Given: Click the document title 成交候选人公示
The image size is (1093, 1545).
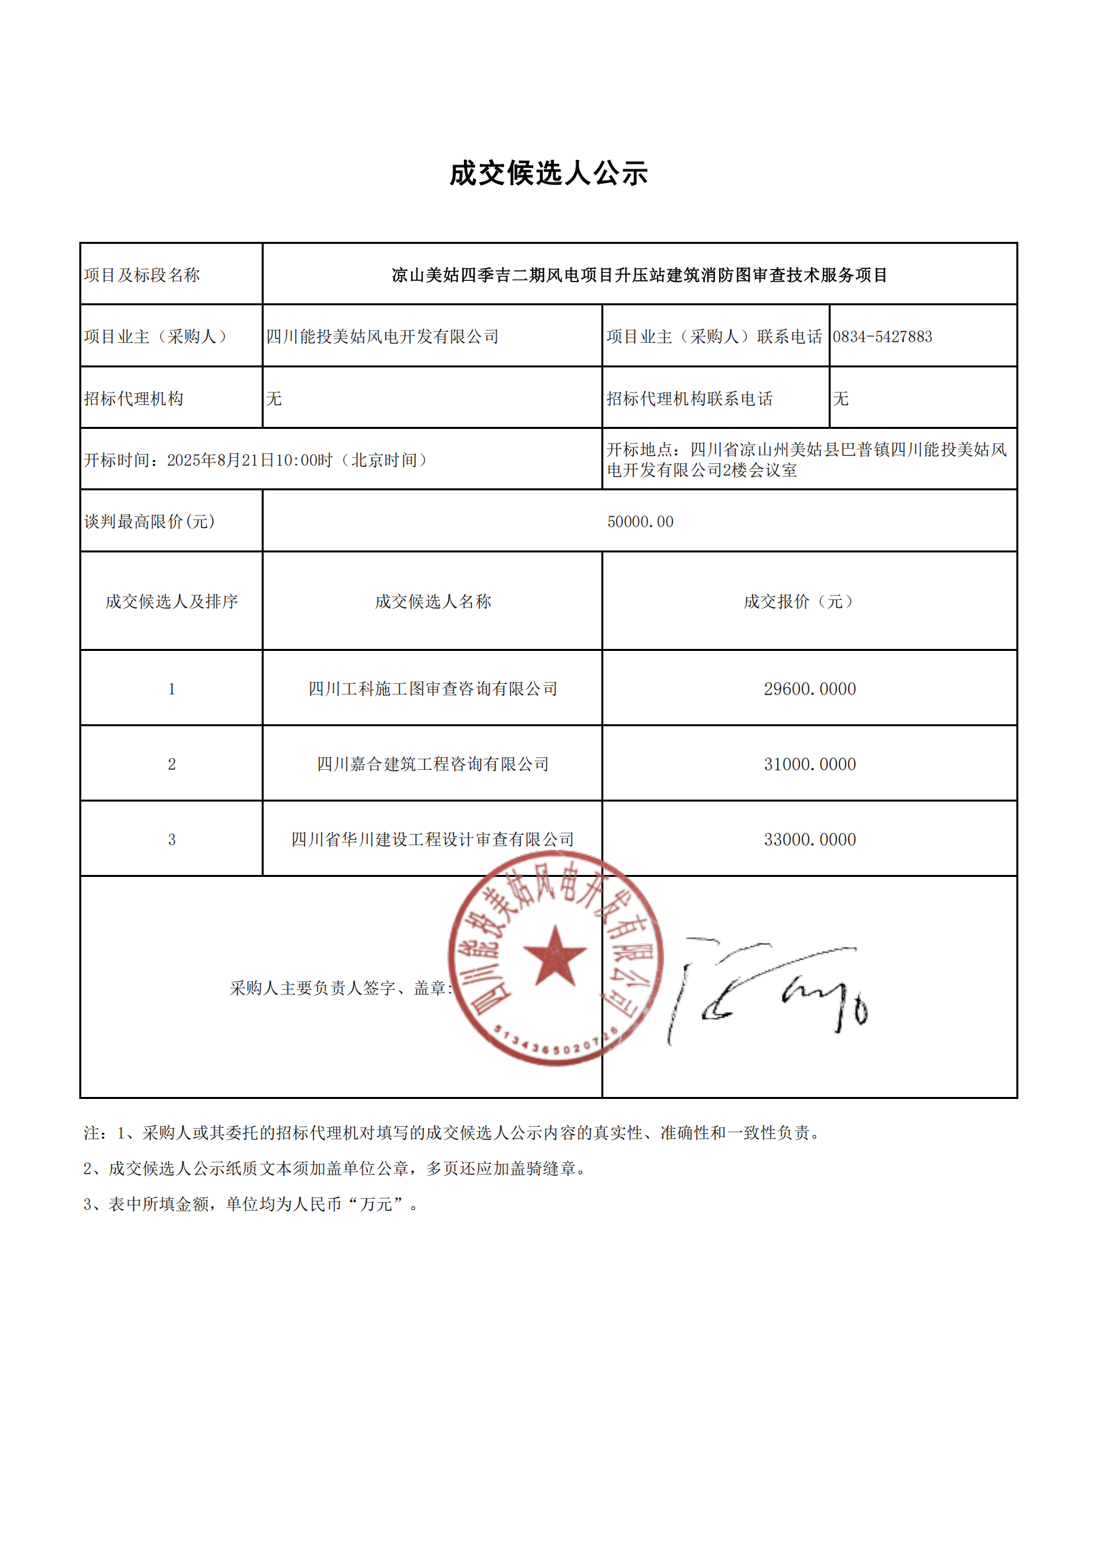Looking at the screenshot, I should click(548, 174).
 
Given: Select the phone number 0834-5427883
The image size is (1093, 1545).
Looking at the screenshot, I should click(882, 336).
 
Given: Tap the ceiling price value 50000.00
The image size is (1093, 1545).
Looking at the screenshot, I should click(640, 521).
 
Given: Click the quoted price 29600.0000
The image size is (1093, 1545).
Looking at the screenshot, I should click(809, 689).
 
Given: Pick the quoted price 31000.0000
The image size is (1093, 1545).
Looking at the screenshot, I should click(809, 765).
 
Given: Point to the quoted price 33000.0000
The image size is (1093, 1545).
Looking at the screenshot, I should click(809, 840).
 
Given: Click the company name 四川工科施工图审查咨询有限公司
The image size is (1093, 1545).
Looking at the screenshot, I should click(432, 689).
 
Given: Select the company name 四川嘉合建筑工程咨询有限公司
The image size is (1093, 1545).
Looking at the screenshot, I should click(432, 765).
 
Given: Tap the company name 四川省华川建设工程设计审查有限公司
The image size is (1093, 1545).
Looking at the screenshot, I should click(432, 840).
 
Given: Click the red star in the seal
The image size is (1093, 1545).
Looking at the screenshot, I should click(554, 956).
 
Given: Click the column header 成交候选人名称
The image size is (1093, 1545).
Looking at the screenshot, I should click(432, 601).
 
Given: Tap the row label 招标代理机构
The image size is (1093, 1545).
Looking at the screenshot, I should click(133, 398).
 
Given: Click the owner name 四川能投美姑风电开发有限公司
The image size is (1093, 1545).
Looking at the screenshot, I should click(382, 336).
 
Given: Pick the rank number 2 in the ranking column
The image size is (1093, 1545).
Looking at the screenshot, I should click(172, 765).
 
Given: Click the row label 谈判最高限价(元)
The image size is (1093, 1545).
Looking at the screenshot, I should click(149, 521).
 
